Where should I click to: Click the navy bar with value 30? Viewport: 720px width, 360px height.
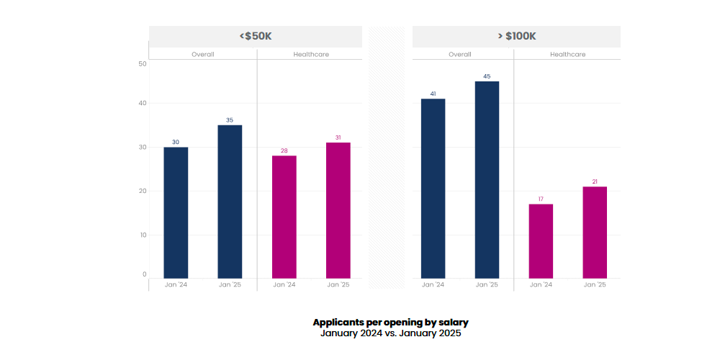(176, 212)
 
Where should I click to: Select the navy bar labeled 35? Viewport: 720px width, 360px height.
(230, 202)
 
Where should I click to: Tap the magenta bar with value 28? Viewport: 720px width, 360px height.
(284, 217)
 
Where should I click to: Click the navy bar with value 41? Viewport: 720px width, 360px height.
(433, 188)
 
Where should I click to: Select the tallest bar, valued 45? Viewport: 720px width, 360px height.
(487, 179)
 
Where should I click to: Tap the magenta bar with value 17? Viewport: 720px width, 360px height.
(541, 241)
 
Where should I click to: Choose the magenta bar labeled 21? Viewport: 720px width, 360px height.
(595, 232)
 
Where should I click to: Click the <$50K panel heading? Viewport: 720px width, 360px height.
(255, 36)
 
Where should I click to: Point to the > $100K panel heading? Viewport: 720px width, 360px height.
(516, 36)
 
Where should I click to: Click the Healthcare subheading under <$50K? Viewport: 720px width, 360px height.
(311, 55)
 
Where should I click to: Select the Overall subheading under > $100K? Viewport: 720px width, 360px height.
(460, 55)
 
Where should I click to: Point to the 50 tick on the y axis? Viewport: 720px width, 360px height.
(143, 64)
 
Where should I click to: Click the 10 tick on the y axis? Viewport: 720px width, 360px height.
(143, 235)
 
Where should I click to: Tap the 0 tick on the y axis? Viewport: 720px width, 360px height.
(144, 274)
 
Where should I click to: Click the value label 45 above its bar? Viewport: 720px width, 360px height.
(487, 76)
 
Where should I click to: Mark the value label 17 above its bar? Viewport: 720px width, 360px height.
(541, 199)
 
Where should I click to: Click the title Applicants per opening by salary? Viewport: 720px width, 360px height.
(390, 323)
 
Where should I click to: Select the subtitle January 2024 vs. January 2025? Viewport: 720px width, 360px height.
(390, 333)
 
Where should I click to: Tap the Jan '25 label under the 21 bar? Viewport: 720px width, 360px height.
(595, 285)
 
